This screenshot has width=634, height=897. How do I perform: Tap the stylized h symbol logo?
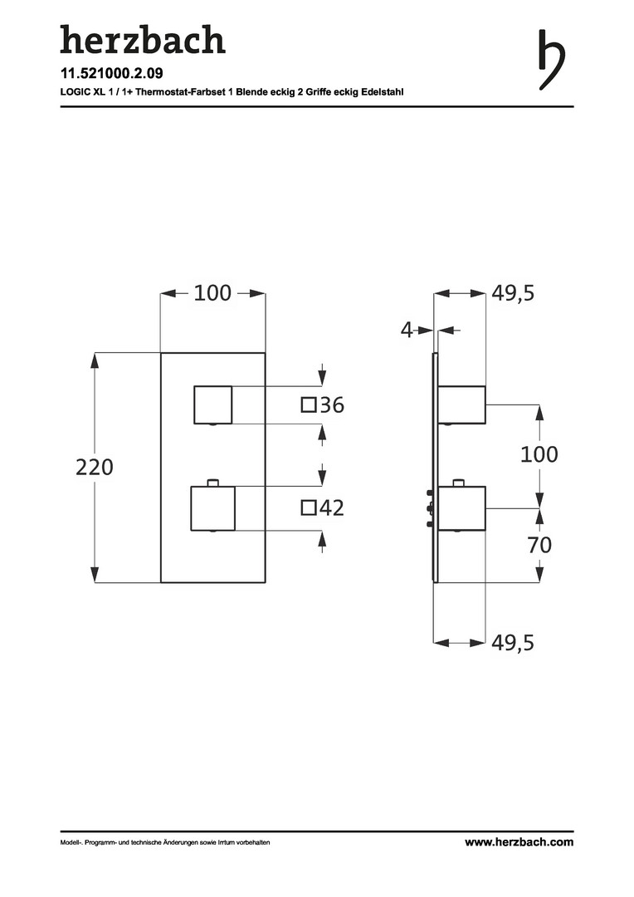coord(552,60)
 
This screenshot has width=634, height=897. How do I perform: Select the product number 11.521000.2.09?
coord(111,73)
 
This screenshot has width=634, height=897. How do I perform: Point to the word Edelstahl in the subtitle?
coord(383,92)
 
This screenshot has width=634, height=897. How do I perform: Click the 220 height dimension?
coord(95,468)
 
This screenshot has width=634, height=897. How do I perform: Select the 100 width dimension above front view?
coord(212,293)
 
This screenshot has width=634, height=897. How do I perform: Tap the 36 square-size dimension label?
coord(332,405)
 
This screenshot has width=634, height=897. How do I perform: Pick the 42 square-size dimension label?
coord(332,507)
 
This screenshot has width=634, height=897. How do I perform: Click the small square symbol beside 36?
coord(309,405)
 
